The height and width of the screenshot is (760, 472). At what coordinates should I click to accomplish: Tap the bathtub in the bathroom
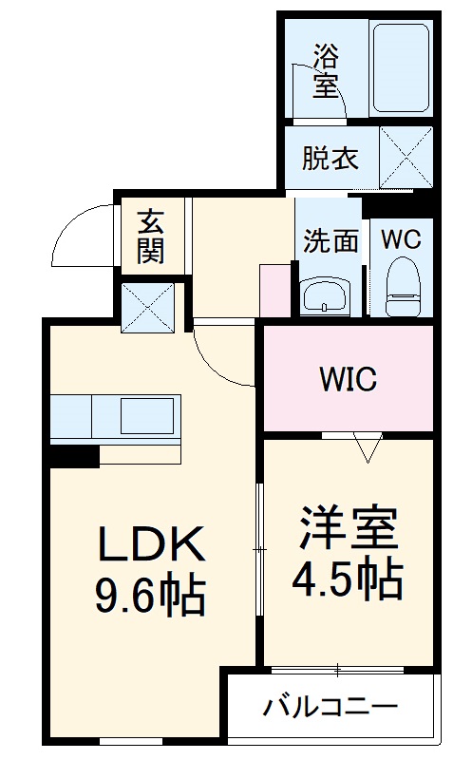click(x=402, y=67)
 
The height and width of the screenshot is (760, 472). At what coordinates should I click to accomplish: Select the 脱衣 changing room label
click(x=330, y=159)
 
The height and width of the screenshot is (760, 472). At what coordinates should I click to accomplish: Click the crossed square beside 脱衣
click(x=406, y=158)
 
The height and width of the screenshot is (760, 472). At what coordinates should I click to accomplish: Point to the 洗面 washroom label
click(x=330, y=241)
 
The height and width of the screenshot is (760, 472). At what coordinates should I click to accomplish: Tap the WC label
click(x=401, y=239)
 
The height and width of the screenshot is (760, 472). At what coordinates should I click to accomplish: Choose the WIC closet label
click(x=348, y=379)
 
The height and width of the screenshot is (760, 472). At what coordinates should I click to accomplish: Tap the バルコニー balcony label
click(x=330, y=708)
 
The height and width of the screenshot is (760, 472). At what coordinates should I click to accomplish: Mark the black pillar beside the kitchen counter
click(x=73, y=455)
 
